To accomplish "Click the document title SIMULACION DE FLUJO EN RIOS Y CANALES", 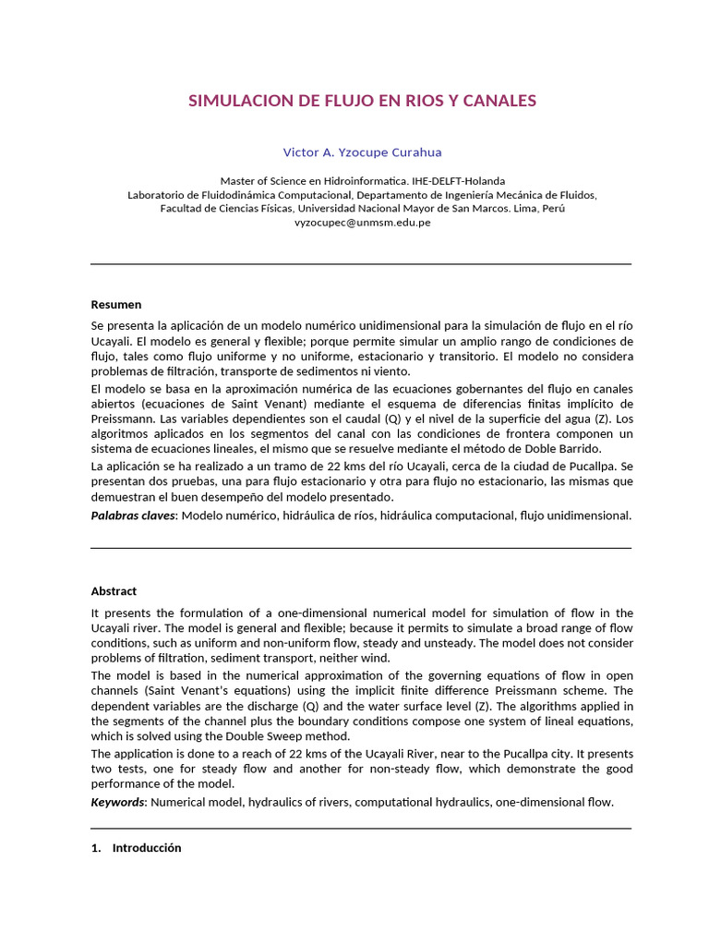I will (x=362, y=101).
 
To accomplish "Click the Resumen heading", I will (x=116, y=304).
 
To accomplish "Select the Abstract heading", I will (x=114, y=591).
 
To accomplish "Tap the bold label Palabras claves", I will (x=133, y=515).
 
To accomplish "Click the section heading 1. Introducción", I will (x=137, y=848).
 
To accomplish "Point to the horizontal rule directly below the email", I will (x=361, y=264).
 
